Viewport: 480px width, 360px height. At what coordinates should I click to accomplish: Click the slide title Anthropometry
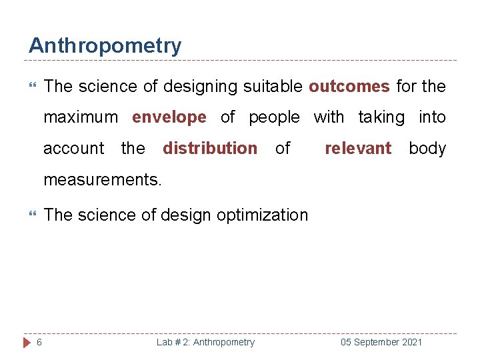pyautogui.click(x=105, y=46)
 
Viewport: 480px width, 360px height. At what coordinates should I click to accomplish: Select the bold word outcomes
pyautogui.click(x=349, y=87)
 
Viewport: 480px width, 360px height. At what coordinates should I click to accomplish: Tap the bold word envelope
pyautogui.click(x=169, y=117)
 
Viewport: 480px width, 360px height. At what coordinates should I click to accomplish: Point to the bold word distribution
pyautogui.click(x=210, y=148)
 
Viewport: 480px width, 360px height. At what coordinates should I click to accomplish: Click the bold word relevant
pyautogui.click(x=358, y=148)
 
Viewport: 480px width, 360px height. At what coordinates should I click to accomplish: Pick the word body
pyautogui.click(x=427, y=148)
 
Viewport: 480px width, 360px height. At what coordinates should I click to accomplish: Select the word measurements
pyautogui.click(x=103, y=179)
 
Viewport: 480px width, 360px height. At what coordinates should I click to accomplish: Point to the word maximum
pyautogui.click(x=81, y=117)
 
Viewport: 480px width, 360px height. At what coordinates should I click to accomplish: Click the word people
pyautogui.click(x=274, y=117)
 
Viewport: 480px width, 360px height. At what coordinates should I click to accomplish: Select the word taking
pyautogui.click(x=381, y=117)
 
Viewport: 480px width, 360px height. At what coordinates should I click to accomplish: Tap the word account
pyautogui.click(x=74, y=148)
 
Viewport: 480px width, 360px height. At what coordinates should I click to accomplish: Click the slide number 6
pyautogui.click(x=39, y=342)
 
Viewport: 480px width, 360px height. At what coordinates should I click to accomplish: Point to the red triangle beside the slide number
pyautogui.click(x=27, y=342)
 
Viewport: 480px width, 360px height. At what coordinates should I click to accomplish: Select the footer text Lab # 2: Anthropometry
pyautogui.click(x=205, y=342)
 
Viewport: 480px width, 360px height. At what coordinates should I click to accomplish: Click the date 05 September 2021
pyautogui.click(x=381, y=342)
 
